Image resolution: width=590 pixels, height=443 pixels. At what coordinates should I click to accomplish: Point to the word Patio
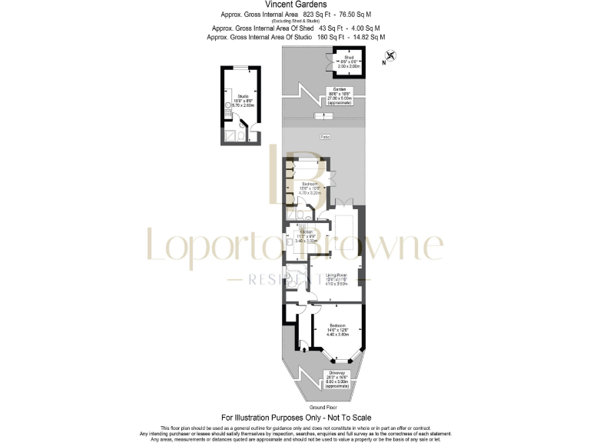pos(325,137)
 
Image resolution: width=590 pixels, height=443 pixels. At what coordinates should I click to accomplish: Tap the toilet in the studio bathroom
pos(240,137)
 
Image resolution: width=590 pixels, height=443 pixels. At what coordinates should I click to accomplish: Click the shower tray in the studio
pos(228,137)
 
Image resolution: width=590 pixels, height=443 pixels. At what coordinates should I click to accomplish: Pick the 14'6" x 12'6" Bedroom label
pos(339,329)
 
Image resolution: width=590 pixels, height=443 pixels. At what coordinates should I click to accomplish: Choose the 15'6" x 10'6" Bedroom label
pos(311,187)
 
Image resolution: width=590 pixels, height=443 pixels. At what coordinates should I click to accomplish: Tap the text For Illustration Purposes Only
pos(295,418)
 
